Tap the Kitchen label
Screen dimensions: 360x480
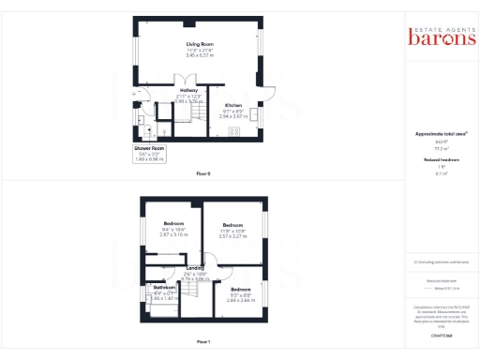(233, 105)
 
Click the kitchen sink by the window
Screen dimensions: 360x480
(253, 115)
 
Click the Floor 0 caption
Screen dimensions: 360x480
(202, 174)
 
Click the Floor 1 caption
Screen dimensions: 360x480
(202, 341)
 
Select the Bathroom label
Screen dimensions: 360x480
(165, 287)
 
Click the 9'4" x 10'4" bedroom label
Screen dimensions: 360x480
(172, 223)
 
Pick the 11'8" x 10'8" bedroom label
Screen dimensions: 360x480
(233, 225)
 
